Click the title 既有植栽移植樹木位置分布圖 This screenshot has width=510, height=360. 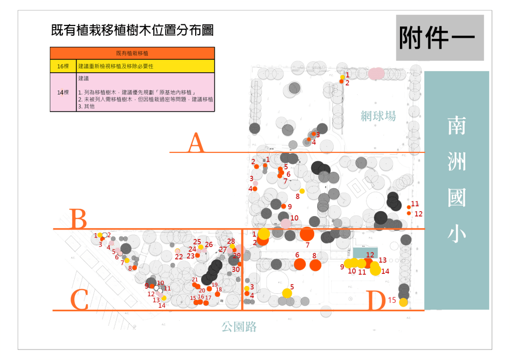[132, 30]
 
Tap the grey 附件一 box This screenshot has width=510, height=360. [440, 38]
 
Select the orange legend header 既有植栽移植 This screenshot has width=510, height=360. [132, 53]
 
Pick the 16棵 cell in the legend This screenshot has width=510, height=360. [63, 66]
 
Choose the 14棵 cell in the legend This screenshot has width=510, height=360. [63, 92]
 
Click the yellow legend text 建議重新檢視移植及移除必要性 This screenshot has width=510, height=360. [115, 66]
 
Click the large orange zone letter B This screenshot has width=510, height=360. [79, 219]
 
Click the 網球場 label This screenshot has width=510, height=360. [378, 117]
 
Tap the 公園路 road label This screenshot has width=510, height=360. [239, 327]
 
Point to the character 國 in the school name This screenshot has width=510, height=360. [456, 197]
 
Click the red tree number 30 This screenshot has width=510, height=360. [236, 269]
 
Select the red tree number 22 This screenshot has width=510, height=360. [179, 257]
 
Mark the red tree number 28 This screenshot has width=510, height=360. [231, 241]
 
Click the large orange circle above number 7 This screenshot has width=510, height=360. [307, 234]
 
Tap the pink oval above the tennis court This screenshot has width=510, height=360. [377, 74]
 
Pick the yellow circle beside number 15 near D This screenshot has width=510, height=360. [403, 302]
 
